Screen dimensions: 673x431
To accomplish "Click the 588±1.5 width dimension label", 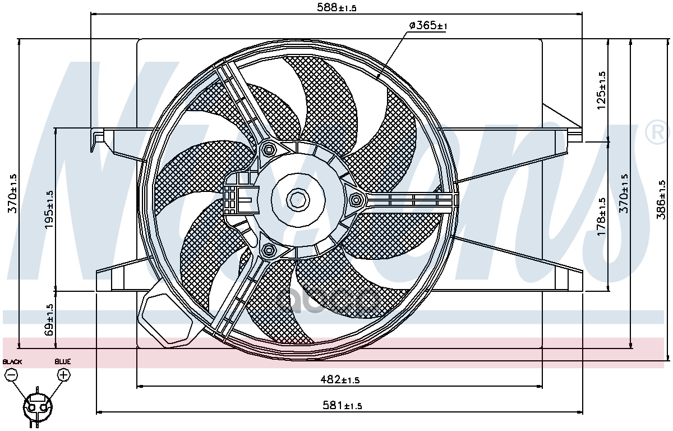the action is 336,7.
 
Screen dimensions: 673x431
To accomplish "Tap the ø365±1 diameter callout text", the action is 428,26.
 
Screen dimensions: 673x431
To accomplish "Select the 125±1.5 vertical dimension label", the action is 601,90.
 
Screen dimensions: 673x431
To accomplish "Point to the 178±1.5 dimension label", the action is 601,217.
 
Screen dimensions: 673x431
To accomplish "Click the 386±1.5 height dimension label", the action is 661,200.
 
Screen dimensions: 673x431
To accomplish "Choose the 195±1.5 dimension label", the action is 49,209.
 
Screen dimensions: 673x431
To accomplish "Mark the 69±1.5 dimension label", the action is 49,320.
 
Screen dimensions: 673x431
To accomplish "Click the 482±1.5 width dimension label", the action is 340,380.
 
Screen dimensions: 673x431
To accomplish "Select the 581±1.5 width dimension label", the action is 342,406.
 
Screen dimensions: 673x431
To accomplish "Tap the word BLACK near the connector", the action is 12,361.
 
